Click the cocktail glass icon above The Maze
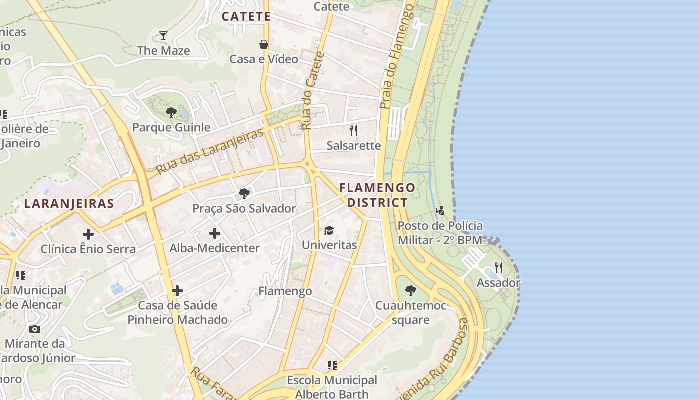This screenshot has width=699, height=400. [x=163, y=35]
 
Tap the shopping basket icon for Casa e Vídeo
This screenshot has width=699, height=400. [x=264, y=44]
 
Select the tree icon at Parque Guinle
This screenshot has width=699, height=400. [x=171, y=112]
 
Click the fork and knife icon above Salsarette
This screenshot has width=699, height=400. [x=353, y=131]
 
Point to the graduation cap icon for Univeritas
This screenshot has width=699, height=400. [x=329, y=230]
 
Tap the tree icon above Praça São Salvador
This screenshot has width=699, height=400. [x=244, y=193]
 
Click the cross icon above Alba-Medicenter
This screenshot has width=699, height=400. [x=214, y=233]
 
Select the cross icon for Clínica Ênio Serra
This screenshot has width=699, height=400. [x=88, y=234]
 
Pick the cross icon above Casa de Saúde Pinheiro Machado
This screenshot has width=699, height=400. [x=177, y=291]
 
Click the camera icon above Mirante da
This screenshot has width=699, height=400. [x=34, y=329]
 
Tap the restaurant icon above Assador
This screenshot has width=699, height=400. [x=498, y=268]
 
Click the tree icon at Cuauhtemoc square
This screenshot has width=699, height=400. [x=410, y=290]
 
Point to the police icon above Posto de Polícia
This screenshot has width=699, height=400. [x=440, y=210]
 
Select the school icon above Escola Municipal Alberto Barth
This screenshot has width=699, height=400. [x=332, y=365]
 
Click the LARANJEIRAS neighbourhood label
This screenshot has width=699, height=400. [x=69, y=203]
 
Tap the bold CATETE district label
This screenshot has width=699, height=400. [x=246, y=16]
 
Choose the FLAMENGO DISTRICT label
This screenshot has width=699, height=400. [x=377, y=195]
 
